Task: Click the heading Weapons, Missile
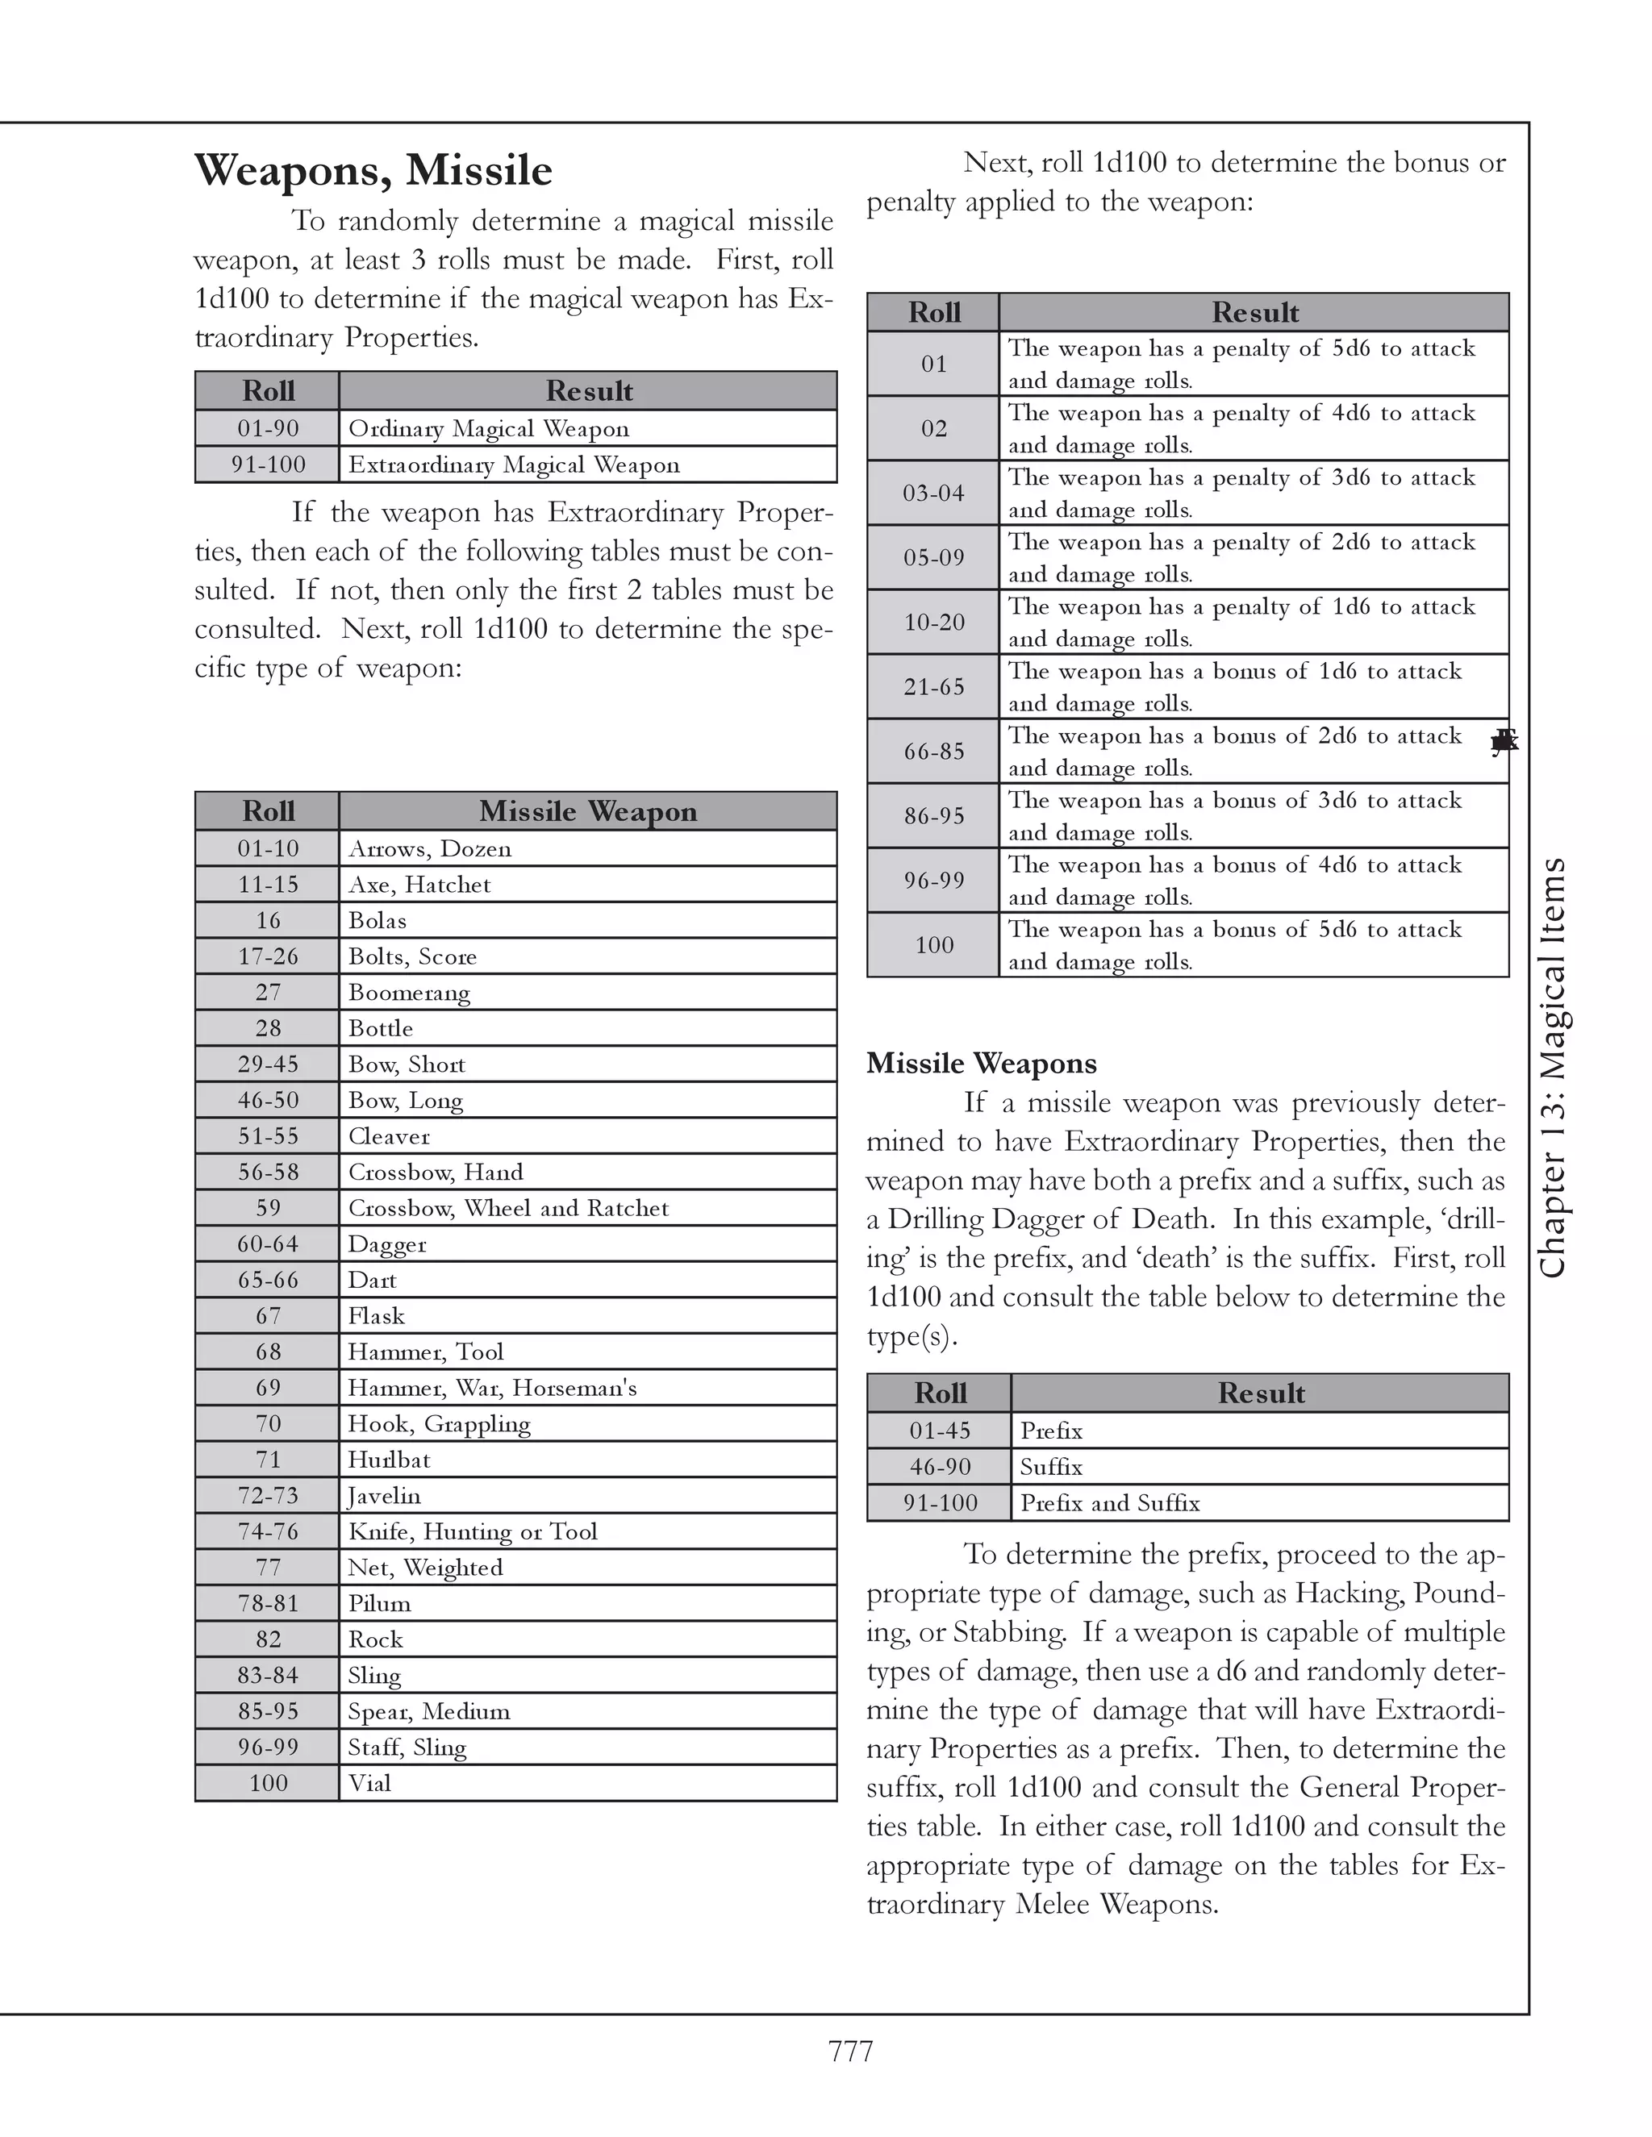point(373,170)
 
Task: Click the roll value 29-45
point(267,1064)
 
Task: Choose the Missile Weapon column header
point(587,811)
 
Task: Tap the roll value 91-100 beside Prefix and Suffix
point(939,1502)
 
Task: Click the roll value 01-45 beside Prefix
point(939,1431)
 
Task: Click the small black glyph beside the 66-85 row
point(1504,742)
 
